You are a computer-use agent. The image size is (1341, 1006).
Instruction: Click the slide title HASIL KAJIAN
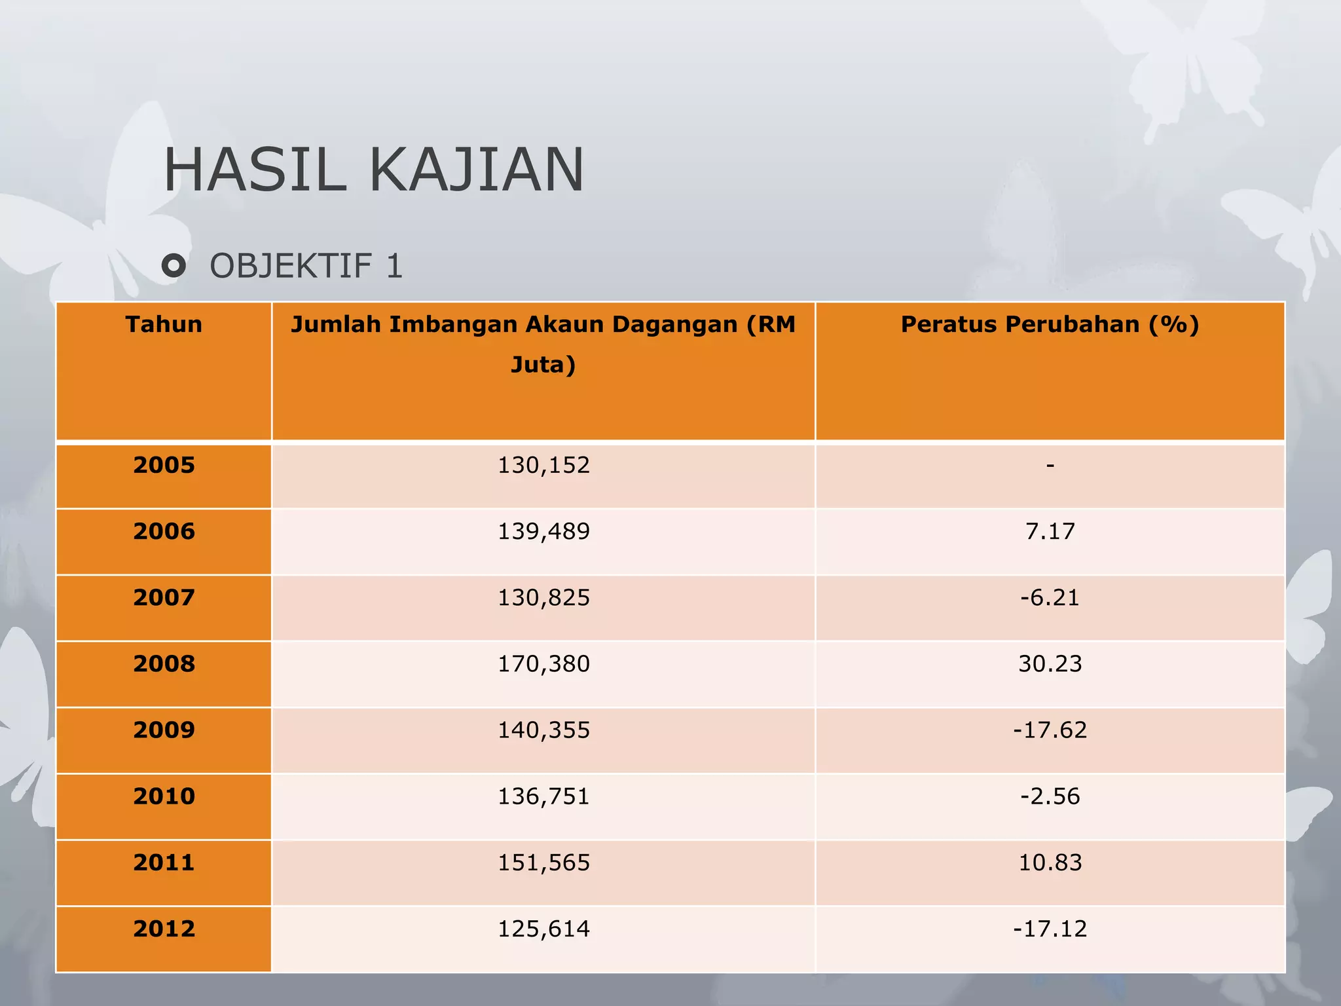tap(373, 170)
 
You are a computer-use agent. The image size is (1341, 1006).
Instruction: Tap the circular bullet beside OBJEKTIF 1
tap(174, 266)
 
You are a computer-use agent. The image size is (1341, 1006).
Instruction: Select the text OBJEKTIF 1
tap(306, 266)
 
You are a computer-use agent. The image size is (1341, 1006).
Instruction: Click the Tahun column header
tap(164, 325)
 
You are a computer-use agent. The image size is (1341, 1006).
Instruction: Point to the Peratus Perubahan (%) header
tap(1050, 325)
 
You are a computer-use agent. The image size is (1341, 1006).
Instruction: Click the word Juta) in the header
tap(543, 365)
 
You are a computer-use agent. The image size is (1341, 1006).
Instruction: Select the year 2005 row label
tap(164, 465)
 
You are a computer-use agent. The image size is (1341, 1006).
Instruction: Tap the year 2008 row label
tap(164, 663)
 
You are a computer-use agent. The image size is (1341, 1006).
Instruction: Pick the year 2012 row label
tap(164, 929)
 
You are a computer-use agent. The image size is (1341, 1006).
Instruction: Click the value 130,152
tap(543, 465)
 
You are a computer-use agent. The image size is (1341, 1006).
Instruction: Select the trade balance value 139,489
tap(543, 531)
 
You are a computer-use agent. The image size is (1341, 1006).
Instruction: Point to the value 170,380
tap(543, 663)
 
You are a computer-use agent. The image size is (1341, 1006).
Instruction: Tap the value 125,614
tap(543, 929)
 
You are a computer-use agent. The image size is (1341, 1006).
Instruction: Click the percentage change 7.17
tap(1050, 531)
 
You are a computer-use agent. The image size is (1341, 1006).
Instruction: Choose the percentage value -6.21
tap(1050, 597)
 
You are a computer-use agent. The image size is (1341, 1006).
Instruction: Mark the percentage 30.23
tap(1050, 663)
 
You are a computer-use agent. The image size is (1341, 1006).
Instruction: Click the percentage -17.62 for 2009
tap(1050, 730)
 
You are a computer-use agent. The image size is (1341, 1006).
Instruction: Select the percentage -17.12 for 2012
tap(1050, 929)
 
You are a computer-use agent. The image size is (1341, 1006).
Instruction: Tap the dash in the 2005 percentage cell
tap(1050, 466)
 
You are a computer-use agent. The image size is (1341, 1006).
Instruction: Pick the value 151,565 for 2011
tap(543, 863)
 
